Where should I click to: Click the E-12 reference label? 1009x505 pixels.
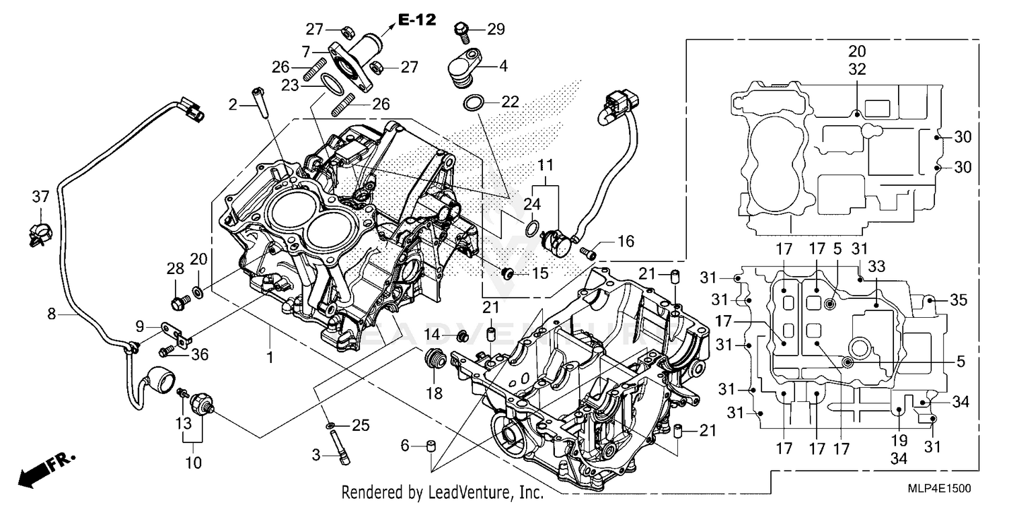[x=416, y=20]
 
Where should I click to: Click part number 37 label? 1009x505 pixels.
[x=40, y=196]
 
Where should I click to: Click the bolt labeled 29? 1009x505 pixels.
[x=461, y=30]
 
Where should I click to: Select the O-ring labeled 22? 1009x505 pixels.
[x=473, y=103]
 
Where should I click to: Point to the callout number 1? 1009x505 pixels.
[x=269, y=357]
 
